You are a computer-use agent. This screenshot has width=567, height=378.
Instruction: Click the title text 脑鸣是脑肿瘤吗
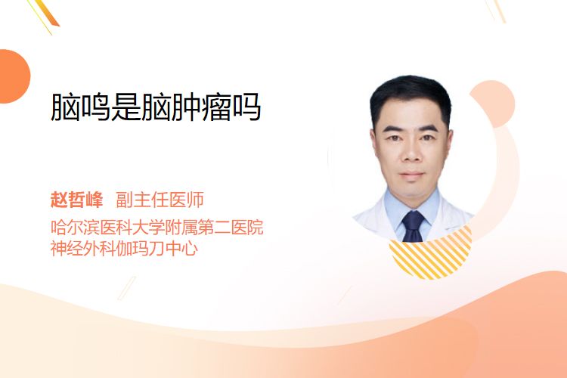click(156, 107)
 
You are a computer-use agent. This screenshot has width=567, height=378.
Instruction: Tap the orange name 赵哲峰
click(76, 200)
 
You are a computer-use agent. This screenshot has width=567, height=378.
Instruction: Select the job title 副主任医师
click(160, 200)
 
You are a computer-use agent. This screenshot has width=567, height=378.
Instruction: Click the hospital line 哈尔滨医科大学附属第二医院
click(156, 227)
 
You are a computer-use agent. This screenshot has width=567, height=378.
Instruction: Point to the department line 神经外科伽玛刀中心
click(124, 248)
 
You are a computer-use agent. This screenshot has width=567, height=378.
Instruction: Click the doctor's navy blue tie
click(413, 227)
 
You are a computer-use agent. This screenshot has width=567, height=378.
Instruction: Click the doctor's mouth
click(411, 175)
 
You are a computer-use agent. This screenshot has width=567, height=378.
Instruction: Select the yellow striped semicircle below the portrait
click(430, 255)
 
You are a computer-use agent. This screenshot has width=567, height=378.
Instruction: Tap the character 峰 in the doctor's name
click(94, 200)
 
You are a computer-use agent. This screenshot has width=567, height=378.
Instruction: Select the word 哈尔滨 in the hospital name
click(75, 227)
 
